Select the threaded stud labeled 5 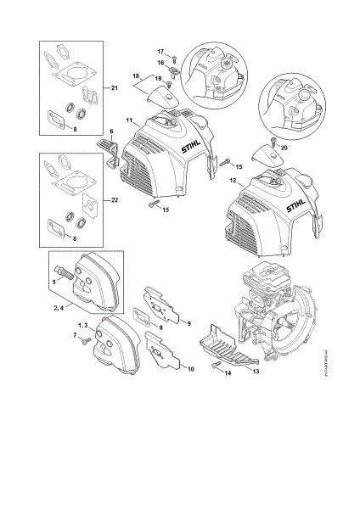click(61, 277)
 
